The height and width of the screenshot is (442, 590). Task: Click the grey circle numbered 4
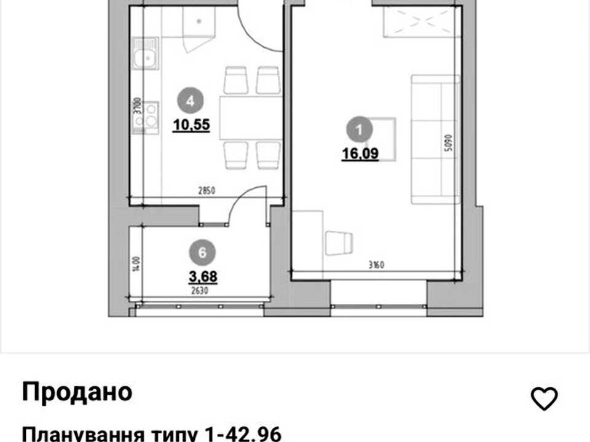tap(191, 101)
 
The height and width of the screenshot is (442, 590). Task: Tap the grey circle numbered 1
tap(360, 130)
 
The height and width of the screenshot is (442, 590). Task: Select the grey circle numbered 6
tap(202, 252)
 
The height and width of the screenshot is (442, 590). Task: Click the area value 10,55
tap(191, 125)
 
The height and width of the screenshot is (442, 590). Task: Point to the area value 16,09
tap(360, 153)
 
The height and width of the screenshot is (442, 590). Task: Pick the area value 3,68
tap(203, 277)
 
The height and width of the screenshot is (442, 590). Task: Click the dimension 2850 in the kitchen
tap(206, 191)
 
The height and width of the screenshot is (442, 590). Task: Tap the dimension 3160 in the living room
tap(376, 265)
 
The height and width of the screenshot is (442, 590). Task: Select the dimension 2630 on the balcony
tap(199, 290)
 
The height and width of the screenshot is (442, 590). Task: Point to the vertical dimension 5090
tap(448, 143)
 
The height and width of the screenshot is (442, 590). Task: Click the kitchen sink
tap(145, 54)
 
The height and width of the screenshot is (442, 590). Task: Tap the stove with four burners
tap(146, 117)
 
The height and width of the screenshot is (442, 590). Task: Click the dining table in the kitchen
tap(251, 118)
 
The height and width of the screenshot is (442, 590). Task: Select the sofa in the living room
tap(435, 139)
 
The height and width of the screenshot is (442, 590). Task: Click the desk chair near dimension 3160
tap(339, 243)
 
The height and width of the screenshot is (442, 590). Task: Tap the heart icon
tap(544, 398)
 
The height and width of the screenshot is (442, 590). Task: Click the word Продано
tap(77, 392)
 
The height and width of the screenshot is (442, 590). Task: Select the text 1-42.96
tap(243, 434)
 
